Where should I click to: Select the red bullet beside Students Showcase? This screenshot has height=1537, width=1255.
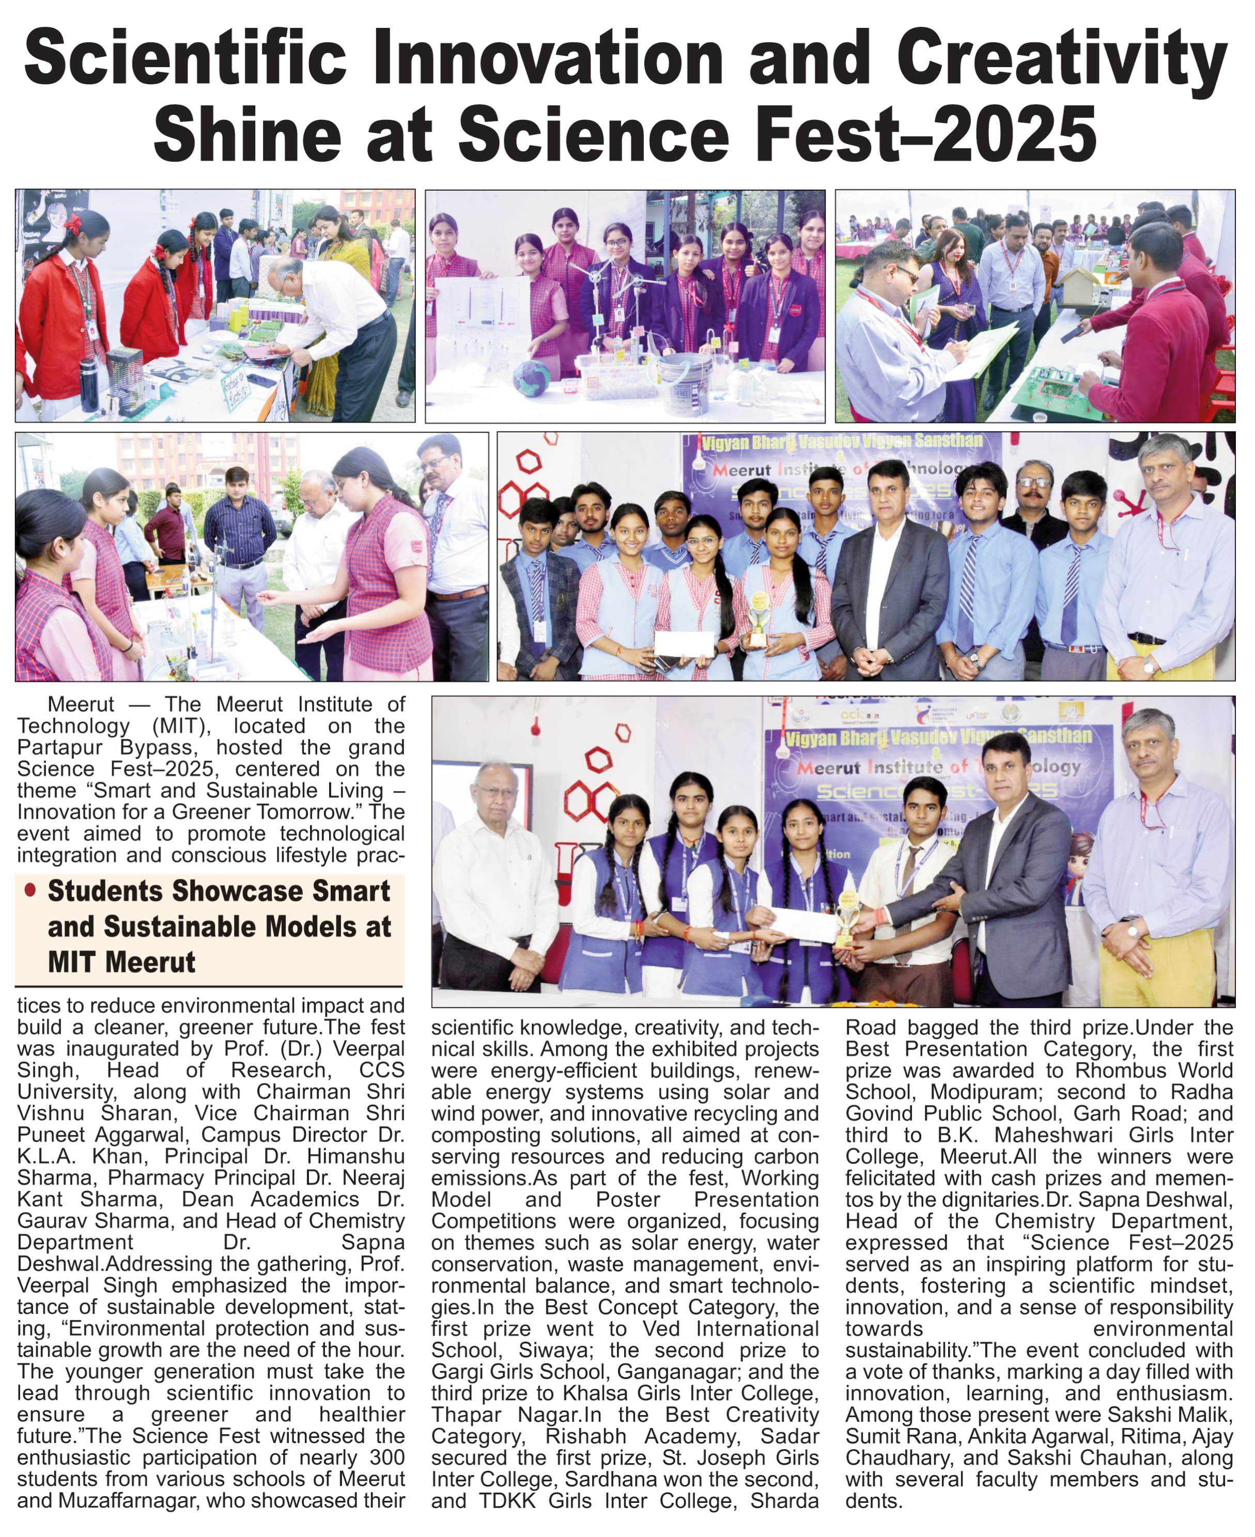[29, 891]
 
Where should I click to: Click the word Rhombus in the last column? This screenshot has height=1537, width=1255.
[1121, 1070]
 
